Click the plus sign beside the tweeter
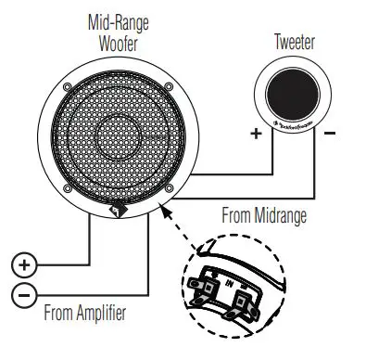[x=257, y=134]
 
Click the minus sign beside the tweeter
[x=331, y=134]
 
